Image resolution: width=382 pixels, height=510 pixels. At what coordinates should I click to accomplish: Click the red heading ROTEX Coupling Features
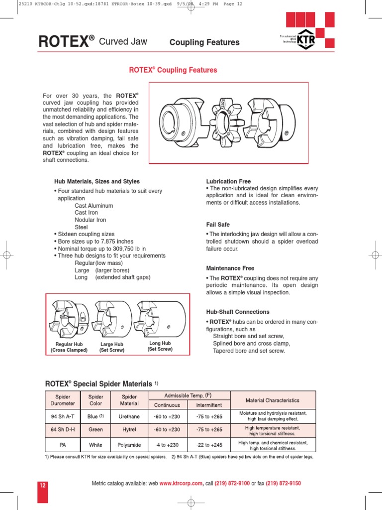click(x=173, y=70)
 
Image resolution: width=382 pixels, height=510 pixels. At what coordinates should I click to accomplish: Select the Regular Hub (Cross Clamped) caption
click(x=69, y=347)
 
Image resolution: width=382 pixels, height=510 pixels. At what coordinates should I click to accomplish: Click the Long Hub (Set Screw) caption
click(x=160, y=346)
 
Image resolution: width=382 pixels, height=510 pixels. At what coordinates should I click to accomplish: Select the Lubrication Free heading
click(x=228, y=182)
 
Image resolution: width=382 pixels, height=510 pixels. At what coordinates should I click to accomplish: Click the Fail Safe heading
click(x=218, y=225)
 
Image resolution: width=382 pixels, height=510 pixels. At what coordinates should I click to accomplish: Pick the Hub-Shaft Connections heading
click(x=238, y=312)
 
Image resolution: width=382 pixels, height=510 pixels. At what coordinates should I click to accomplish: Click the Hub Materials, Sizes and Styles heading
click(x=97, y=181)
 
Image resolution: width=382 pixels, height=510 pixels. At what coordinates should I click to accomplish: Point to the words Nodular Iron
click(x=91, y=220)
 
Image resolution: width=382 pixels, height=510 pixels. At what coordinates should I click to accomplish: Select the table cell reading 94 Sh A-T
click(x=63, y=416)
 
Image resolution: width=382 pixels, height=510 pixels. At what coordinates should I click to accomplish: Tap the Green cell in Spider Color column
click(x=95, y=430)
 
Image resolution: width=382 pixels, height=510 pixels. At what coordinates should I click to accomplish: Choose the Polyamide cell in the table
click(x=129, y=445)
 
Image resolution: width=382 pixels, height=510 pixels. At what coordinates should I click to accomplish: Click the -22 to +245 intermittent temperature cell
click(x=209, y=445)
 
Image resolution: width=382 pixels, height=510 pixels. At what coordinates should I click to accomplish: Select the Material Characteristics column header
click(x=273, y=400)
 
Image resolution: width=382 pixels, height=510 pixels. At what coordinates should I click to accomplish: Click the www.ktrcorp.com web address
click(x=182, y=483)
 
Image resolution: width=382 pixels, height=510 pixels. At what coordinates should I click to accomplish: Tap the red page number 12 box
click(x=43, y=484)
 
